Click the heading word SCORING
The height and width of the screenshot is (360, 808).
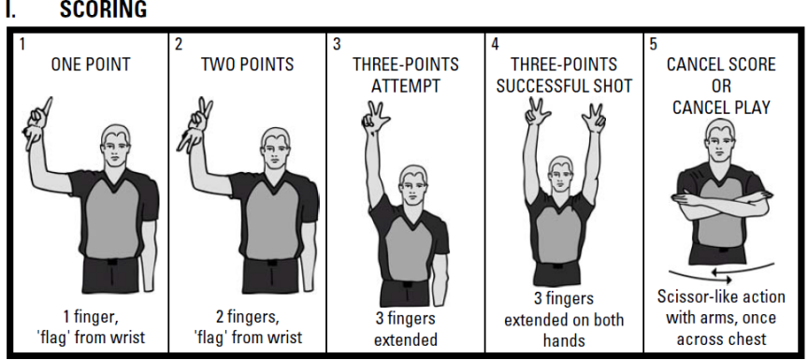[x=103, y=9]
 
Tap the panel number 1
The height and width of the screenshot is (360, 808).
[x=22, y=44]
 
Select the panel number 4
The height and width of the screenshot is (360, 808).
[x=495, y=44]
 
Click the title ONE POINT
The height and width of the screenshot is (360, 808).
[x=91, y=65]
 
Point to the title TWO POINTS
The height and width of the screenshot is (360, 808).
[x=247, y=65]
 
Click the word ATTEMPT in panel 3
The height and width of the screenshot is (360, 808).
[x=406, y=86]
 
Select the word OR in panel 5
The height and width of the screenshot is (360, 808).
[x=721, y=86]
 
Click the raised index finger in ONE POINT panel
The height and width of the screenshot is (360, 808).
[x=47, y=106]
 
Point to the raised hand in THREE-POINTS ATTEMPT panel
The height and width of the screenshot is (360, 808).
[x=375, y=116]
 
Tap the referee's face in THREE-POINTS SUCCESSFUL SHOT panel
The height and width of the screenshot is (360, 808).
[x=561, y=175]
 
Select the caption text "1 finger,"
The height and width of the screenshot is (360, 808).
[x=91, y=317]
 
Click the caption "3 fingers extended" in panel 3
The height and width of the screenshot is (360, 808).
[x=406, y=329]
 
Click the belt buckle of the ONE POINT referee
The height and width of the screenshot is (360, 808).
[x=110, y=262]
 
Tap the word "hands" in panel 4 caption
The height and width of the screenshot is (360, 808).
[x=564, y=340]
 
